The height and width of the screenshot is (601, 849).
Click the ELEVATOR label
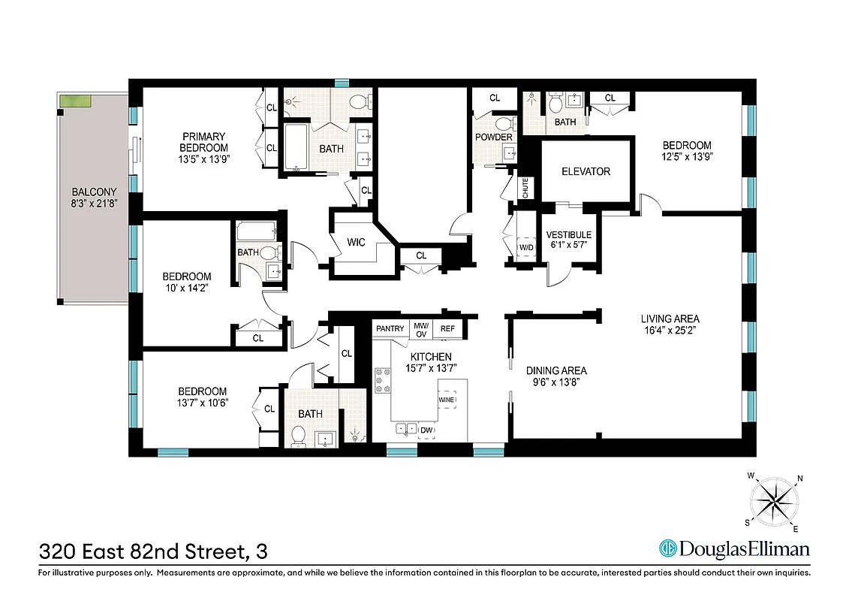(586, 171)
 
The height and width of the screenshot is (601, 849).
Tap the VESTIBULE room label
(568, 234)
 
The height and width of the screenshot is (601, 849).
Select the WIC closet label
(355, 243)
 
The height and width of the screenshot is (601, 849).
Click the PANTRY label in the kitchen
(390, 328)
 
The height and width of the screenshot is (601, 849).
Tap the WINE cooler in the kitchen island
(447, 400)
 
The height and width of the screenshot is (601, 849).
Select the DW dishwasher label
(426, 430)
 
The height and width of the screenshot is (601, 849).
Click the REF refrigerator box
(447, 328)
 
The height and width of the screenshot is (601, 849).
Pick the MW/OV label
(420, 329)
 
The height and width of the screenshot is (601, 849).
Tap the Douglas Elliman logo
(734, 549)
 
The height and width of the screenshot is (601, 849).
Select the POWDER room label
(493, 137)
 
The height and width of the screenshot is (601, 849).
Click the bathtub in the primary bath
(294, 148)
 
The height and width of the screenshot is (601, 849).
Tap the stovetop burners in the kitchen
(384, 380)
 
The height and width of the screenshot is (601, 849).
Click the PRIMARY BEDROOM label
(203, 142)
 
